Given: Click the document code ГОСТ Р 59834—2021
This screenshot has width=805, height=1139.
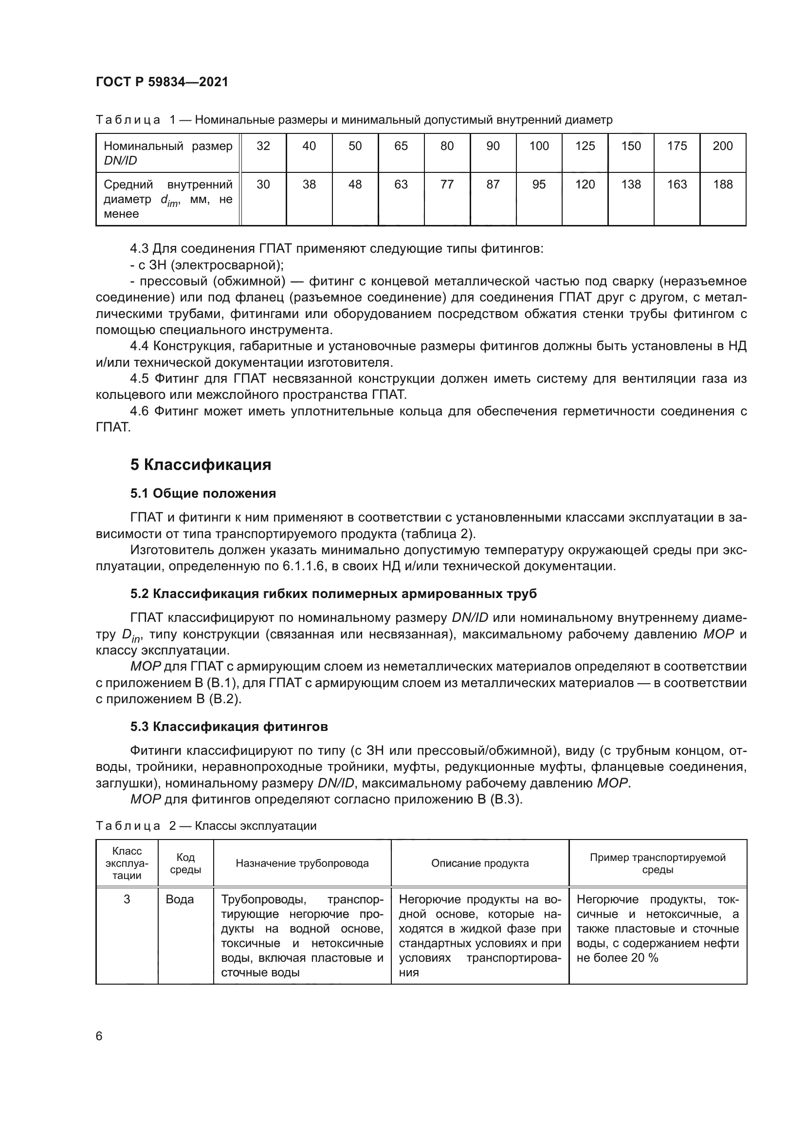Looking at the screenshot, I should pos(162,82).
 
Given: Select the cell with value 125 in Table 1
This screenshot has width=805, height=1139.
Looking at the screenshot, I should pos(585,146).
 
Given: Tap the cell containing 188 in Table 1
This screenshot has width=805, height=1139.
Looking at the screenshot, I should pos(723,185).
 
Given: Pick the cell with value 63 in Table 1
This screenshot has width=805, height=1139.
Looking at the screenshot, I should pos(401,185).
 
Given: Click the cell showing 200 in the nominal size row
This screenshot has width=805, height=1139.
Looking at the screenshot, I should pos(723,146).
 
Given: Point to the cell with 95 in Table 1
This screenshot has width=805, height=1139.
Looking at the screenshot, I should pos(539,185).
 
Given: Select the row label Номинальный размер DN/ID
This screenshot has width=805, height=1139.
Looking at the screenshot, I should pos(167,153).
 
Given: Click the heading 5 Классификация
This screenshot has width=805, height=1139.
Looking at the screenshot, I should pos(201,465).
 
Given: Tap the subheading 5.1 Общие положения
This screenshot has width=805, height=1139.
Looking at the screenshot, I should pos(203,494).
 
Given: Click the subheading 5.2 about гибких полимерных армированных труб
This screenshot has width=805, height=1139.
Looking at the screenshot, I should pos(333,594).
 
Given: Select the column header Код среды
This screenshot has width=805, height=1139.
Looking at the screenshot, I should pos(185,863).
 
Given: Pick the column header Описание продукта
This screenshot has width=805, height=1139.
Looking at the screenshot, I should pos(480,863).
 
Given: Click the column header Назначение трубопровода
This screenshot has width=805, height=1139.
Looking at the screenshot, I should pos(302,863).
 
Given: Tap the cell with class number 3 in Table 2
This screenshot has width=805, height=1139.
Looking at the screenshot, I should pos(127,899).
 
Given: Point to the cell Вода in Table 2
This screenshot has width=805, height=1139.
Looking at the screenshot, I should pos(180,899).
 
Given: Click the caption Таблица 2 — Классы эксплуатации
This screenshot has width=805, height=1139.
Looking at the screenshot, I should pos(206,826).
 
